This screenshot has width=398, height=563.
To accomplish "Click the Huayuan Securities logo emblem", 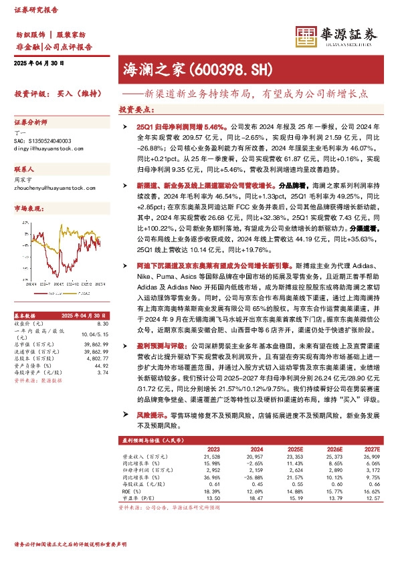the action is [x=306, y=35].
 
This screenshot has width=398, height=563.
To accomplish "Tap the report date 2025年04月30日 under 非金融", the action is [x=39, y=63].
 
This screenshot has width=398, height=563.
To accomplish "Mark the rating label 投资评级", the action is [x=29, y=94].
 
